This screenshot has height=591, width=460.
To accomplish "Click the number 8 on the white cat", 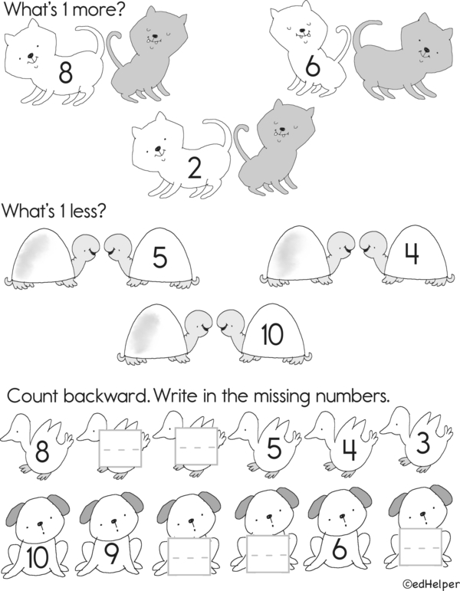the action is pyautogui.click(x=65, y=72).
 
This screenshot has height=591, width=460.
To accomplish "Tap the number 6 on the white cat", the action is pyautogui.click(x=313, y=66).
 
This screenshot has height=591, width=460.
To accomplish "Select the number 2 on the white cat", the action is pyautogui.click(x=195, y=169).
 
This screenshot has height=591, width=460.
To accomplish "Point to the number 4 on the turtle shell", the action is pyautogui.click(x=412, y=254).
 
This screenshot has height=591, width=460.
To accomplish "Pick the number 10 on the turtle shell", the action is pyautogui.click(x=271, y=334).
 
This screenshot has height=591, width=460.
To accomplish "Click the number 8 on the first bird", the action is pyautogui.click(x=41, y=451).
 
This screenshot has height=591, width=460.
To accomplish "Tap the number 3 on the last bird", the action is pyautogui.click(x=422, y=443).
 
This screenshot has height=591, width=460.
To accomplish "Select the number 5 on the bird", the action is pyautogui.click(x=274, y=448).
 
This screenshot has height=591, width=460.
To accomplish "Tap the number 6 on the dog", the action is pyautogui.click(x=340, y=550).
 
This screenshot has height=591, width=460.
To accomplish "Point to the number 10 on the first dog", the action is pyautogui.click(x=38, y=557).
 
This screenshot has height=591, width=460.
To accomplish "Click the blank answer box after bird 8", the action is pyautogui.click(x=120, y=448).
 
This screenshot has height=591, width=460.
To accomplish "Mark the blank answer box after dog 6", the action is pyautogui.click(x=421, y=547).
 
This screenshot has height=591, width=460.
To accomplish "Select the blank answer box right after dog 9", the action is pyautogui.click(x=189, y=557).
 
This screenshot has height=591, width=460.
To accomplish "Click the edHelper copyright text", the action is pyautogui.click(x=431, y=584).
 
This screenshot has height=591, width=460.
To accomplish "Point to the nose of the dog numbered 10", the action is pyautogui.click(x=41, y=524).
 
